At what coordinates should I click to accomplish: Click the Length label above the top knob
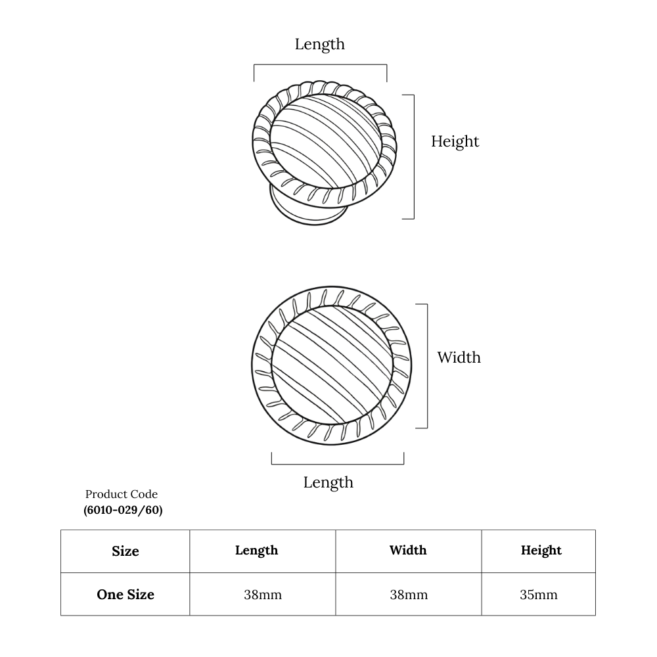(x=320, y=44)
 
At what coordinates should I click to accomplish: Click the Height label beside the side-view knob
(x=455, y=141)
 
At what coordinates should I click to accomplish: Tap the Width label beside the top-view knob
(x=459, y=357)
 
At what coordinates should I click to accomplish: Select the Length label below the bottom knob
(x=328, y=482)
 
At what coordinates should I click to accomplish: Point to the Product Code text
(x=122, y=494)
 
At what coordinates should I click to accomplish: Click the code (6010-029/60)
(x=123, y=510)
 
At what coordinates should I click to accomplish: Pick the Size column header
(x=125, y=551)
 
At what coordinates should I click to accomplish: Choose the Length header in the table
(x=256, y=550)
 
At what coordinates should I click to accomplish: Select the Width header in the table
(x=408, y=550)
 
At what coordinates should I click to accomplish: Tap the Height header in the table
(x=541, y=550)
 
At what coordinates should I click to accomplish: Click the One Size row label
(x=125, y=595)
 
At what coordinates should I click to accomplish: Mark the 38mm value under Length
(x=263, y=595)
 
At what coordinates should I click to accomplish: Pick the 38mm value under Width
(x=409, y=595)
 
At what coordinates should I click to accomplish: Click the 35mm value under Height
(x=539, y=595)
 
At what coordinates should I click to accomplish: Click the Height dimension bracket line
(x=414, y=157)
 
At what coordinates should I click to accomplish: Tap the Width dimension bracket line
(x=428, y=366)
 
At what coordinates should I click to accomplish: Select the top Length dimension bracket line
(x=320, y=64)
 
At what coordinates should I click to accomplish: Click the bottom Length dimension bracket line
(x=338, y=464)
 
